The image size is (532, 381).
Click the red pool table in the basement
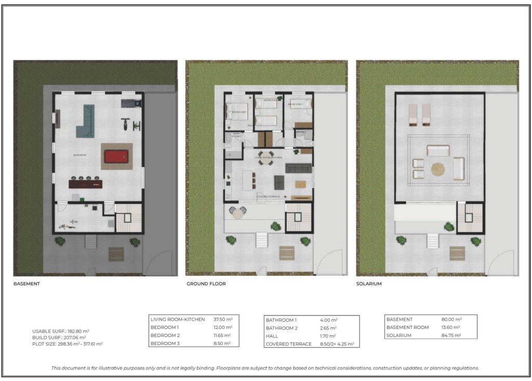pos(118,156)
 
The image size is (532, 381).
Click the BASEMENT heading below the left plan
pos(26,284)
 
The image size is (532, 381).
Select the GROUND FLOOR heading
pos(206,284)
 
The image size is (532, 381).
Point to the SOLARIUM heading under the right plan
pos(369,284)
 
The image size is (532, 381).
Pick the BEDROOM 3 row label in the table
pos(165,344)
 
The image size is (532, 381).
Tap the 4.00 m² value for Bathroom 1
pos(328,320)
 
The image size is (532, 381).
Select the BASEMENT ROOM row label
pos(408,327)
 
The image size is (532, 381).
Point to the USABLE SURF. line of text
pos(61,331)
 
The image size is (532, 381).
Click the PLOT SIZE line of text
pos(67,344)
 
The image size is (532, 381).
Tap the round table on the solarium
pos(438,170)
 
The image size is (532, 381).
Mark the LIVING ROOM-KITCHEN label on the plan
pos(268,157)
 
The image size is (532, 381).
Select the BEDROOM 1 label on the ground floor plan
pos(239,112)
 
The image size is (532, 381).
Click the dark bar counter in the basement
pos(86,184)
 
